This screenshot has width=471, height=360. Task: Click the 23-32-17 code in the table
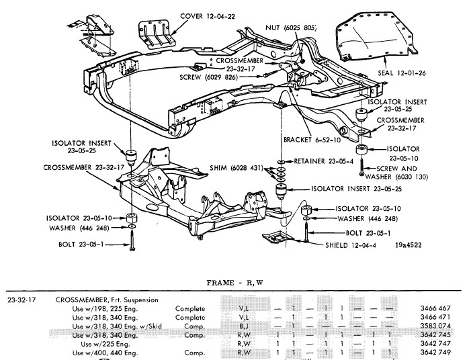(21, 300)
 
